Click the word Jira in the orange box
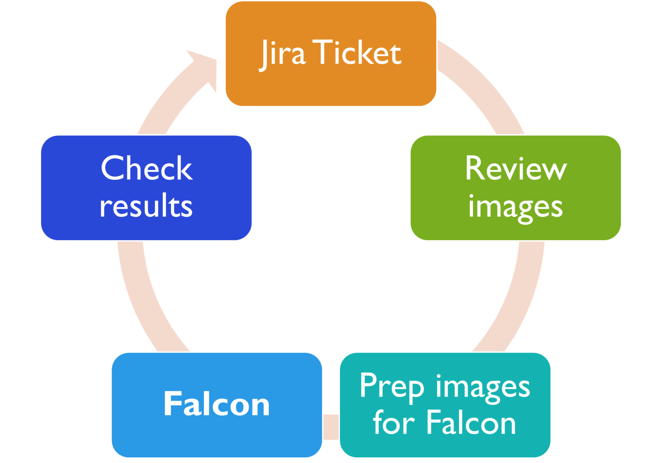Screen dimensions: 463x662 (282, 53)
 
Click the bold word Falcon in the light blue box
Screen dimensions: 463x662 (216, 404)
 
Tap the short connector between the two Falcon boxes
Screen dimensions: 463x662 (331, 427)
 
